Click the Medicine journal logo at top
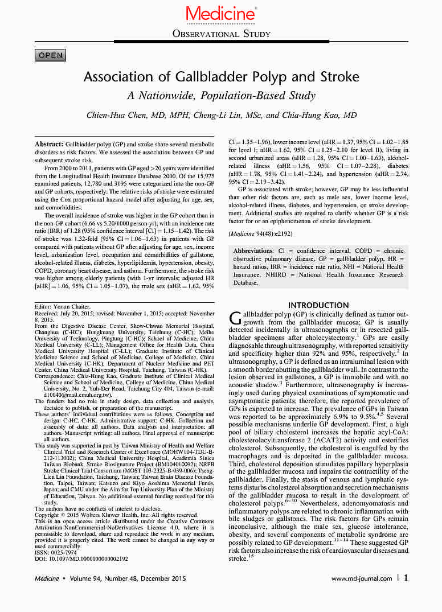[220, 14]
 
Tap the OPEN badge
[50, 55]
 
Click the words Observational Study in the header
[221, 34]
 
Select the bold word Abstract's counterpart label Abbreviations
[255, 251]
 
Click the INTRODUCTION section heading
[318, 305]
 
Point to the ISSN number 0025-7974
[57, 552]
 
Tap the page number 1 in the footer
[406, 578]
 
